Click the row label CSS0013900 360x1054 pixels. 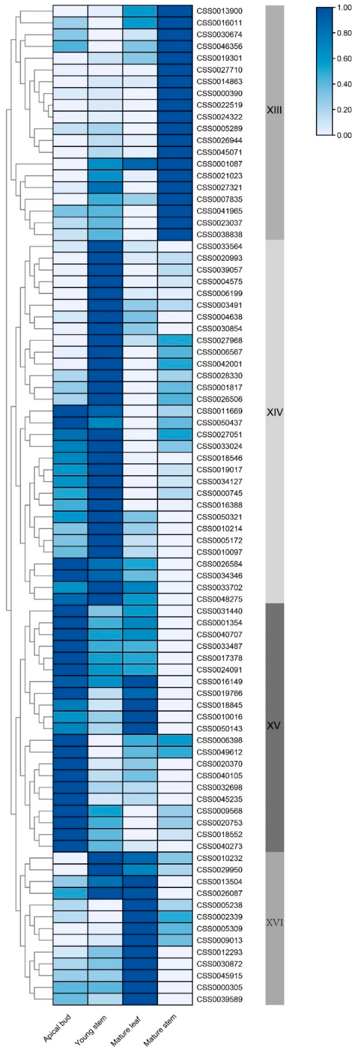pyautogui.click(x=219, y=11)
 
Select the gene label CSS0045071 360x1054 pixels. pyautogui.click(x=219, y=152)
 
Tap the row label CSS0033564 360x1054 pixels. pyautogui.click(x=219, y=246)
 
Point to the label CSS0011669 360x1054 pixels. pyautogui.click(x=219, y=411)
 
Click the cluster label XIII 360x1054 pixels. pyautogui.click(x=274, y=110)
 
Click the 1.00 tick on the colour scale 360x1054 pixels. pyautogui.click(x=344, y=8)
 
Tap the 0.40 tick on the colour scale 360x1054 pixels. pyautogui.click(x=344, y=84)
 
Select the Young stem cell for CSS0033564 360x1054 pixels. pyautogui.click(x=105, y=246)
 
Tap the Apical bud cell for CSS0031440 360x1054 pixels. pyautogui.click(x=70, y=611)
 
